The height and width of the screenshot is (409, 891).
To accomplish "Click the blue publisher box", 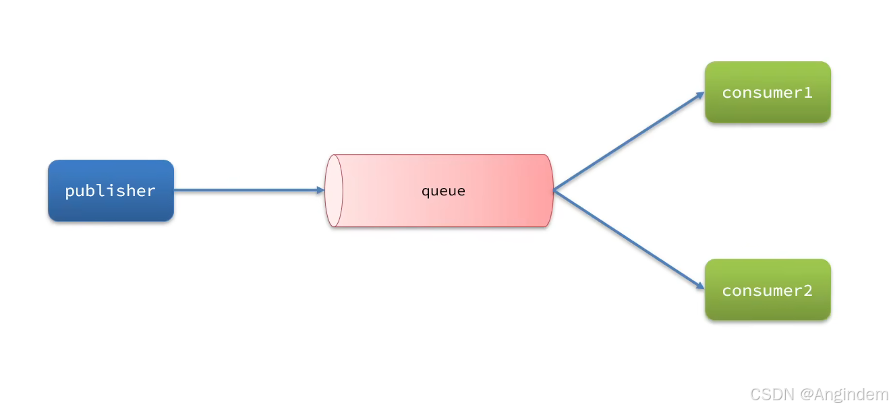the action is [x=111, y=191].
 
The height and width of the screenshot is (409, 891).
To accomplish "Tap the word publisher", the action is [x=110, y=191].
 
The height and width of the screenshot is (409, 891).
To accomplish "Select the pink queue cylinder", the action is [x=439, y=191].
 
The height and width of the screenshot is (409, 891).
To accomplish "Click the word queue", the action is [x=443, y=191].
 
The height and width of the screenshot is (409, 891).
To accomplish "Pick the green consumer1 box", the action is [x=768, y=92].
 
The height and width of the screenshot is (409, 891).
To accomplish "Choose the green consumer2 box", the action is [x=768, y=289].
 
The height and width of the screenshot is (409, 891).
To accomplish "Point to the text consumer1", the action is [x=768, y=92].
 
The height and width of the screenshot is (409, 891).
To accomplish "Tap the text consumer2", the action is [x=768, y=290].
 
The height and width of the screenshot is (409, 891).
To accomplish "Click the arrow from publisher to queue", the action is [x=250, y=191].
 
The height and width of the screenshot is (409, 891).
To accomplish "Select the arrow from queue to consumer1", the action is [x=629, y=141].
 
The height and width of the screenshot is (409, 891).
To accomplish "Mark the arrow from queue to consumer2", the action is [x=629, y=240].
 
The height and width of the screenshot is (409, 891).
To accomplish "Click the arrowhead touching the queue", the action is [x=320, y=191].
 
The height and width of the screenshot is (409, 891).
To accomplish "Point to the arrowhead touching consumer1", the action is [x=700, y=96].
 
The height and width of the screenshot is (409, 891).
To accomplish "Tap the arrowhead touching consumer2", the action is [x=700, y=286].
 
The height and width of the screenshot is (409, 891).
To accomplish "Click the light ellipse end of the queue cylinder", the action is [x=334, y=191].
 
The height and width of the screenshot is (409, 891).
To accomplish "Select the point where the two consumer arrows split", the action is [x=554, y=191].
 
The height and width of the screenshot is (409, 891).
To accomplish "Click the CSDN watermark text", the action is [x=772, y=395].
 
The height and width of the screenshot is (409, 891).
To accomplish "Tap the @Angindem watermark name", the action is [x=844, y=395].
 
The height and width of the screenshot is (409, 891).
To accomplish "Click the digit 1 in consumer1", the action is [x=808, y=92].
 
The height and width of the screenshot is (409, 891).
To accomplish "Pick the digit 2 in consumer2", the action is [x=808, y=290].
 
